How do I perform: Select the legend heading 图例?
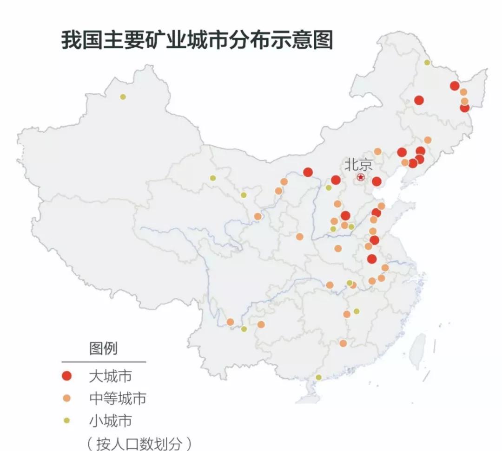coord(103,348)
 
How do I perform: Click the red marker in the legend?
coord(67,376)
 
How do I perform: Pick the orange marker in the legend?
coord(67,398)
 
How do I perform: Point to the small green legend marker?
coord(67,420)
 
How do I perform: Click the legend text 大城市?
coord(110,376)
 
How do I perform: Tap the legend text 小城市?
coord(110,420)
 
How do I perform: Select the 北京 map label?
coord(358,165)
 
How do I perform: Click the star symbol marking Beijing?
coord(361,178)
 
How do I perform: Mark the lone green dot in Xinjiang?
coord(123,97)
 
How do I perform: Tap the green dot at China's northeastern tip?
coord(427,62)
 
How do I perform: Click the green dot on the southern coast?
coord(318,377)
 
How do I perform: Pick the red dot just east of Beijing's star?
coord(376,181)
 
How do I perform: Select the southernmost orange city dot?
coord(343,343)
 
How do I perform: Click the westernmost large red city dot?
coord(308,172)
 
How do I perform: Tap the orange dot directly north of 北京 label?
coord(377,151)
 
